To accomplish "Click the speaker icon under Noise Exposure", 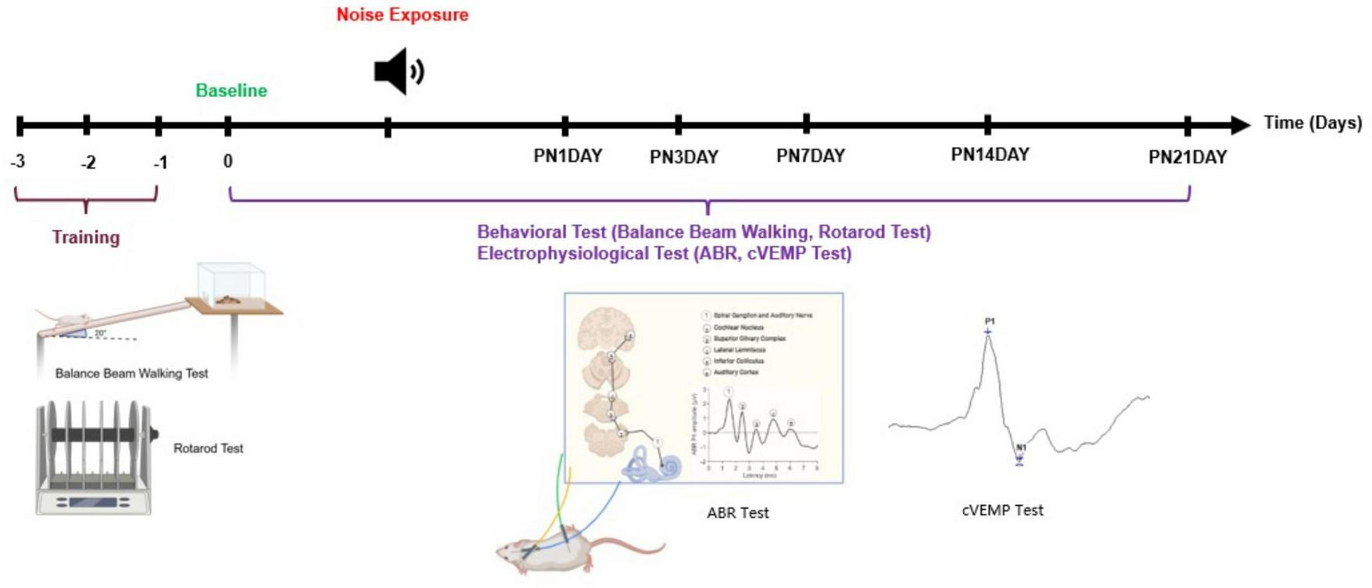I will pyautogui.click(x=399, y=71).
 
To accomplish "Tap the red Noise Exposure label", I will pyautogui.click(x=402, y=15).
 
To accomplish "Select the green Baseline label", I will pyautogui.click(x=231, y=91).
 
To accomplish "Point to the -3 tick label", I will pyautogui.click(x=18, y=162).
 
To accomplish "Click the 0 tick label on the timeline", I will pyautogui.click(x=227, y=161).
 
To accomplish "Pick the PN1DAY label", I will pyautogui.click(x=568, y=156).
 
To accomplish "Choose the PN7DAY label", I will pyautogui.click(x=810, y=156).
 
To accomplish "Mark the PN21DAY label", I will pyautogui.click(x=1187, y=157).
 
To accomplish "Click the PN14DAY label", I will pyautogui.click(x=990, y=155).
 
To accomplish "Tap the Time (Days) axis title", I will pyautogui.click(x=1313, y=123).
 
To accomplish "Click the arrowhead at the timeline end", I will pyautogui.click(x=1240, y=124).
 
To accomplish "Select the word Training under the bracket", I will pyautogui.click(x=86, y=237).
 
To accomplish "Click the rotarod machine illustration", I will pyautogui.click(x=94, y=457).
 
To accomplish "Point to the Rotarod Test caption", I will pyautogui.click(x=208, y=448).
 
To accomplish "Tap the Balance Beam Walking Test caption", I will pyautogui.click(x=131, y=373).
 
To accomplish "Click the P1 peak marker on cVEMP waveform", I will pyautogui.click(x=988, y=332).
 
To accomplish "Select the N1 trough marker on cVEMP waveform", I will pyautogui.click(x=1019, y=461).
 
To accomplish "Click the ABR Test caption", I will pyautogui.click(x=737, y=513).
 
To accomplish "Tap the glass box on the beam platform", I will pyautogui.click(x=231, y=283).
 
